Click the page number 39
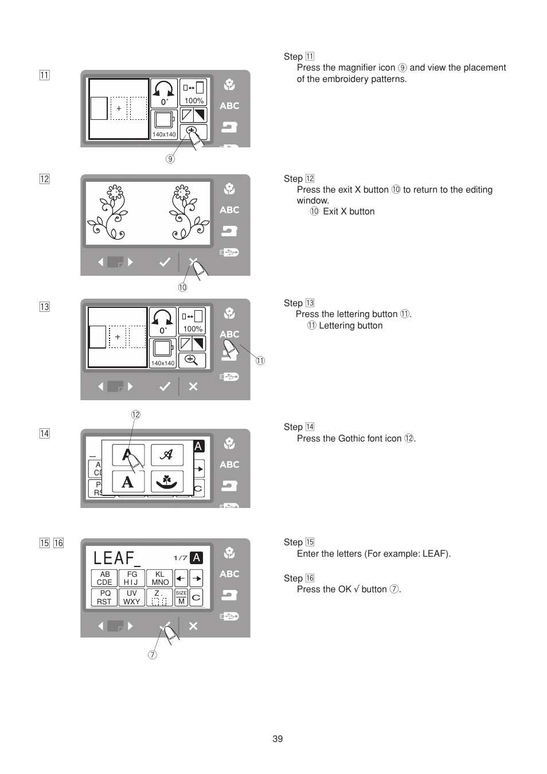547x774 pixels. pyautogui.click(x=278, y=738)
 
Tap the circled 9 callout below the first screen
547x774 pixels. pyautogui.click(x=170, y=159)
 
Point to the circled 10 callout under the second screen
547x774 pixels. pyautogui.click(x=182, y=287)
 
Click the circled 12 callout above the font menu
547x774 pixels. pyautogui.click(x=135, y=415)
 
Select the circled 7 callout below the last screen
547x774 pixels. pyautogui.click(x=152, y=655)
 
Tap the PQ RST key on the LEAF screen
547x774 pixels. pyautogui.click(x=104, y=597)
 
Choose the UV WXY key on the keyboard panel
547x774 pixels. pyautogui.click(x=132, y=597)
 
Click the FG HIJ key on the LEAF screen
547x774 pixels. pyautogui.click(x=132, y=578)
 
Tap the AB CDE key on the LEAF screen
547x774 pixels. pyautogui.click(x=104, y=578)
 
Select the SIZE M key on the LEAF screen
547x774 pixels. pyautogui.click(x=181, y=597)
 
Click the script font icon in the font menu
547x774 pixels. pyautogui.click(x=167, y=455)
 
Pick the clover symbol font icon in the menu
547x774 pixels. pyautogui.click(x=167, y=481)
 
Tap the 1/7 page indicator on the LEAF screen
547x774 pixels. pyautogui.click(x=180, y=558)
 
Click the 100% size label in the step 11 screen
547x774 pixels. pyautogui.click(x=194, y=100)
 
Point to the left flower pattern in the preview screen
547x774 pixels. pyautogui.click(x=113, y=212)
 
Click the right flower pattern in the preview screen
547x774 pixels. pyautogui.click(x=182, y=212)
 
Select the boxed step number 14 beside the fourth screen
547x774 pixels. pyautogui.click(x=44, y=433)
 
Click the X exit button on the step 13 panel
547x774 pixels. pyautogui.click(x=193, y=386)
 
